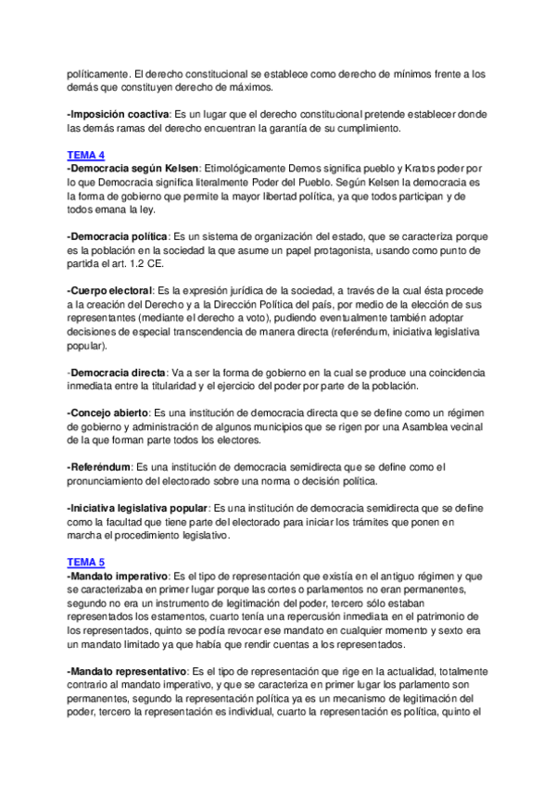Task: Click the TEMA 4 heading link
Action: (86, 154)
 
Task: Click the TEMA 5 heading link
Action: (86, 562)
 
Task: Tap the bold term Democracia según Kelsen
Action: (133, 168)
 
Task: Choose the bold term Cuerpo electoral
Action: (110, 290)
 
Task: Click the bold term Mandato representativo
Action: (127, 670)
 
